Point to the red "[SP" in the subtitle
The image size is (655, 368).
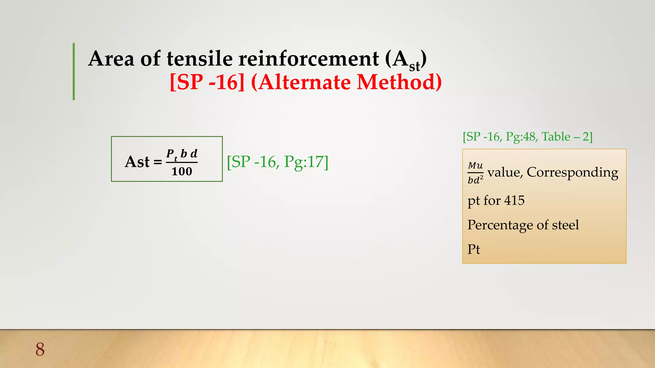[186, 82]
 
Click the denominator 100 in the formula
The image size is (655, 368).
[182, 172]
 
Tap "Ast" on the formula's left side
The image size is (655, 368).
[137, 162]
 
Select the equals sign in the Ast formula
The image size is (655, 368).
[158, 162]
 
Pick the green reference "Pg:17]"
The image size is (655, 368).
[306, 162]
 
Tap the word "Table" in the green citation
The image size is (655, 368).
[556, 137]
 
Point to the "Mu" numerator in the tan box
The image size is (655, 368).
[475, 165]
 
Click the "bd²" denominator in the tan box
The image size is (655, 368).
[475, 180]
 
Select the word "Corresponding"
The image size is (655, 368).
[572, 172]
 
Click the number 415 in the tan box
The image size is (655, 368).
[514, 201]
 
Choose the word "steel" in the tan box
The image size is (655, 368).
[565, 225]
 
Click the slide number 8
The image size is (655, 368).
[40, 349]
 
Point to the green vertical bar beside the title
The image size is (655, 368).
[74, 72]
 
